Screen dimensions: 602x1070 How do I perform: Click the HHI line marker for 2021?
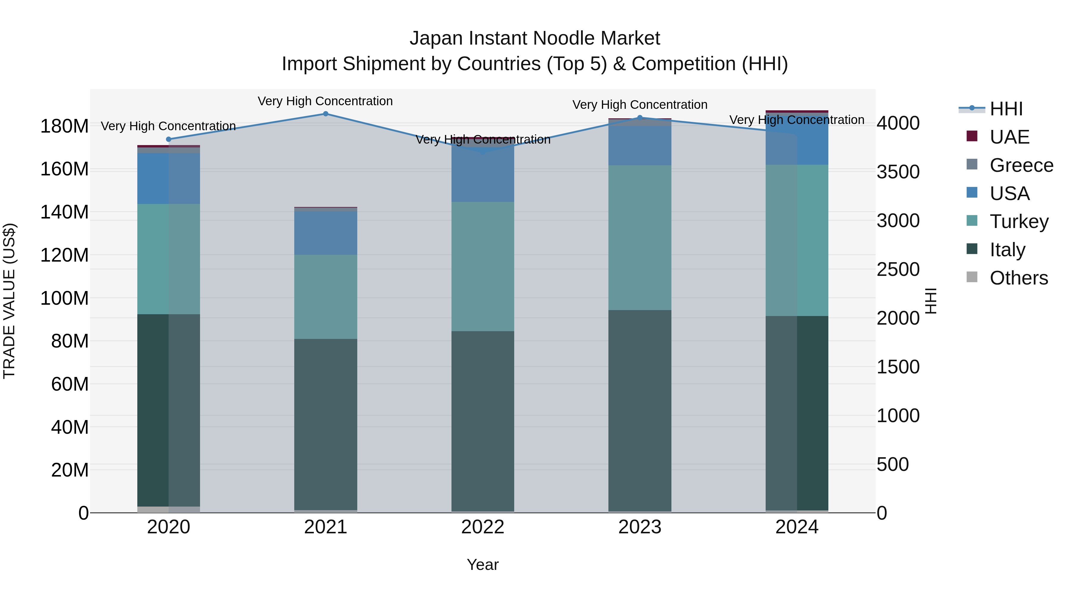click(x=326, y=114)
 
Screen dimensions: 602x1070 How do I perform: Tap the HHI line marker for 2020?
click(x=169, y=139)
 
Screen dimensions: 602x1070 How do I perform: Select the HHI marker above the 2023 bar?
click(x=640, y=117)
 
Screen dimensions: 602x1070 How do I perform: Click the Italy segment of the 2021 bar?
click(x=326, y=424)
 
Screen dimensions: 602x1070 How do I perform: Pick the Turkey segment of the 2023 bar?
click(x=640, y=238)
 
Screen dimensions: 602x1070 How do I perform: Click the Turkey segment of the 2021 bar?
click(x=326, y=297)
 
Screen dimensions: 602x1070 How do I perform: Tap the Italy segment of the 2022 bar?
click(x=483, y=420)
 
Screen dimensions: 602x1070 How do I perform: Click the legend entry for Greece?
click(x=1021, y=165)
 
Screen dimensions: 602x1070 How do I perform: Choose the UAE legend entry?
click(x=1009, y=137)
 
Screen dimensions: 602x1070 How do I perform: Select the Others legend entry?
click(x=1019, y=278)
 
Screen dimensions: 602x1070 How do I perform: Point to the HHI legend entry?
click(x=1006, y=109)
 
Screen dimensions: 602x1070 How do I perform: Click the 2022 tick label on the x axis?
click(x=483, y=527)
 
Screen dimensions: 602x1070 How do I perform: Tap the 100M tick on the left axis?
click(x=64, y=298)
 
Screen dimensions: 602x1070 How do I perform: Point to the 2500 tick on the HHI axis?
click(x=898, y=270)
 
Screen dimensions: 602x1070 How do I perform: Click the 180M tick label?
click(x=64, y=126)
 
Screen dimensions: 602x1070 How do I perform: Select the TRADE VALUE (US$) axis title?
click(x=9, y=301)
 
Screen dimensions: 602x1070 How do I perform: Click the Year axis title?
click(x=483, y=565)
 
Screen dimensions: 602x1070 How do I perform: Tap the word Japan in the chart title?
click(x=436, y=38)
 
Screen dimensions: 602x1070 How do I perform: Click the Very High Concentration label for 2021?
click(x=325, y=101)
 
